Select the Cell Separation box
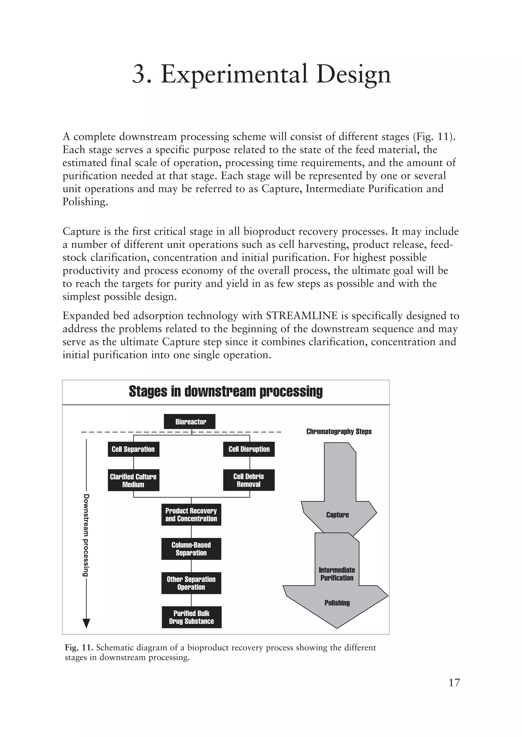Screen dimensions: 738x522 coord(133,449)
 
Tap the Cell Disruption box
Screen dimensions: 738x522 coord(249,449)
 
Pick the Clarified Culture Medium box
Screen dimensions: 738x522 coord(133,480)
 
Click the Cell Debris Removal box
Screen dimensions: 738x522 coord(249,480)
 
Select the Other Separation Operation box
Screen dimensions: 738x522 coord(191,583)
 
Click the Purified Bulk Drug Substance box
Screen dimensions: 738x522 coord(192,617)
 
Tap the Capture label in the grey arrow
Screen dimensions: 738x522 coord(337,515)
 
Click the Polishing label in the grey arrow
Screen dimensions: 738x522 coord(337,603)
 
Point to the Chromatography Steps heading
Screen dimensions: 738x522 coord(339,431)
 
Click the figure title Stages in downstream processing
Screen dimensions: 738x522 coord(226,392)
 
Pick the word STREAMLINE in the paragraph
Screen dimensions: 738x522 coord(302,316)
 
